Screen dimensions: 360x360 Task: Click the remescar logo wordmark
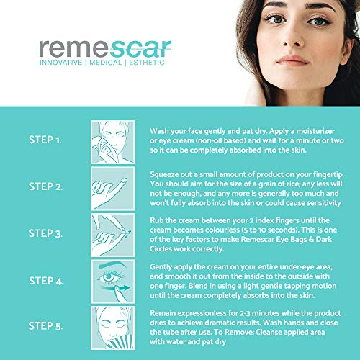click(x=105, y=49)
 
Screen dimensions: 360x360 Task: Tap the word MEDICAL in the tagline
click(x=106, y=63)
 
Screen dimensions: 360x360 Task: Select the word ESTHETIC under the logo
click(x=147, y=63)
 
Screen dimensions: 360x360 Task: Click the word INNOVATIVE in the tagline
click(x=61, y=63)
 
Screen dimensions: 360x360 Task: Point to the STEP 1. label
click(x=45, y=140)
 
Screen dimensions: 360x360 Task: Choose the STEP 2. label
click(x=45, y=186)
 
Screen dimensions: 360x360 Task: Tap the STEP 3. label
click(x=45, y=233)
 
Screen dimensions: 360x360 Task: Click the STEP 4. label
click(x=46, y=281)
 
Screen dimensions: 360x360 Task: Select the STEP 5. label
click(x=45, y=326)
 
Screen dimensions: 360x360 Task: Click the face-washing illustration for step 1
click(x=113, y=142)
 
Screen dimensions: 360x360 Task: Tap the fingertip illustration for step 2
click(x=113, y=189)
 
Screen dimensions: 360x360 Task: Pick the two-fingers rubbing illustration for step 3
click(x=113, y=235)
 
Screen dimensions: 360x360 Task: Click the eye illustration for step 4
click(x=113, y=282)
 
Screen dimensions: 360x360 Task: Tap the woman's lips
click(x=292, y=60)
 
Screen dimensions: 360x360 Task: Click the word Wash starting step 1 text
click(x=159, y=131)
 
